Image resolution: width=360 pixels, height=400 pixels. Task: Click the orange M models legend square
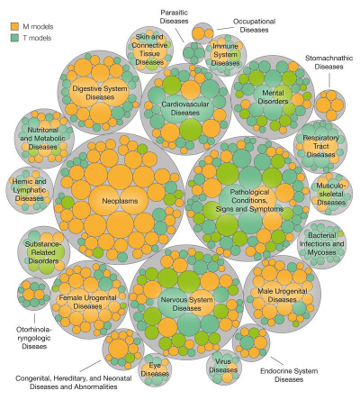[x=14, y=26]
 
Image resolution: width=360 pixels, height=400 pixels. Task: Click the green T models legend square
[x=14, y=38]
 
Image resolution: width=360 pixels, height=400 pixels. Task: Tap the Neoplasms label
[x=120, y=201]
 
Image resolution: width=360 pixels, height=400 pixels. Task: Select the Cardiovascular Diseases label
[x=185, y=108]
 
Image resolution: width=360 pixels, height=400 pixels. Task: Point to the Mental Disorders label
[x=273, y=97]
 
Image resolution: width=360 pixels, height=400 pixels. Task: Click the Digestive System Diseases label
[x=100, y=93]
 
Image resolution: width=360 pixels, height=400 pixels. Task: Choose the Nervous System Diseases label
[x=186, y=304]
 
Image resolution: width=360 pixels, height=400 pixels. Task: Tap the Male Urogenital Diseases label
[x=282, y=295]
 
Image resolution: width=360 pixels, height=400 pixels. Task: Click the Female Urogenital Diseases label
[x=87, y=302]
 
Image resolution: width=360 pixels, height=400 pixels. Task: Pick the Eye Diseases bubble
[x=155, y=369]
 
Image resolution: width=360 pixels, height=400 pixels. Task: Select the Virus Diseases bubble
[x=223, y=367]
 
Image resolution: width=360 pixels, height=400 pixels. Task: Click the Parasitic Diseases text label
[x=174, y=16]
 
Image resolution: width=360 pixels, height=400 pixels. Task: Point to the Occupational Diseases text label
[x=254, y=25]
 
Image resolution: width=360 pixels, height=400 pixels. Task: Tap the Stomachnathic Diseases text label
[x=328, y=62]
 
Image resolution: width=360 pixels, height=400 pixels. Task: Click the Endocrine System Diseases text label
[x=289, y=375]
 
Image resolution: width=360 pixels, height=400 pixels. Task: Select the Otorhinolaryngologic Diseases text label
[x=34, y=338]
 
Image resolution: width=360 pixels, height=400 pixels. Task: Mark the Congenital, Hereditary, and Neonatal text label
[x=74, y=378]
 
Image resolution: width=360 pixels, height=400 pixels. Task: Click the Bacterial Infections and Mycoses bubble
[x=321, y=244]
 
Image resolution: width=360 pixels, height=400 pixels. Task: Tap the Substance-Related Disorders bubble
[x=44, y=252]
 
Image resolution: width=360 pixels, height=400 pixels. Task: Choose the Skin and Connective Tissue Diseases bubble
[x=149, y=50]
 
